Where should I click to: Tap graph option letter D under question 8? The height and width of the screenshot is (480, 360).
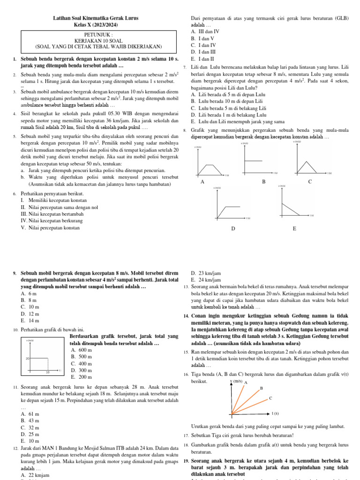coord(233,229)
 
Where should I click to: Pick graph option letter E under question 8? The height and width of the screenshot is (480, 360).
coord(294,229)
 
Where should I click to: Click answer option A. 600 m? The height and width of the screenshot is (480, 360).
coord(81,350)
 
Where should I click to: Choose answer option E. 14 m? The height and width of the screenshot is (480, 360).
coord(30,321)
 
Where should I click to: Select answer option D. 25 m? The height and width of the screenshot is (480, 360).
coord(30,435)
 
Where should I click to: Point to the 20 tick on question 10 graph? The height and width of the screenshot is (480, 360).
coord(28,358)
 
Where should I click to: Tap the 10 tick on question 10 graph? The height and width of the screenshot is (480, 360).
coord(47,372)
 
